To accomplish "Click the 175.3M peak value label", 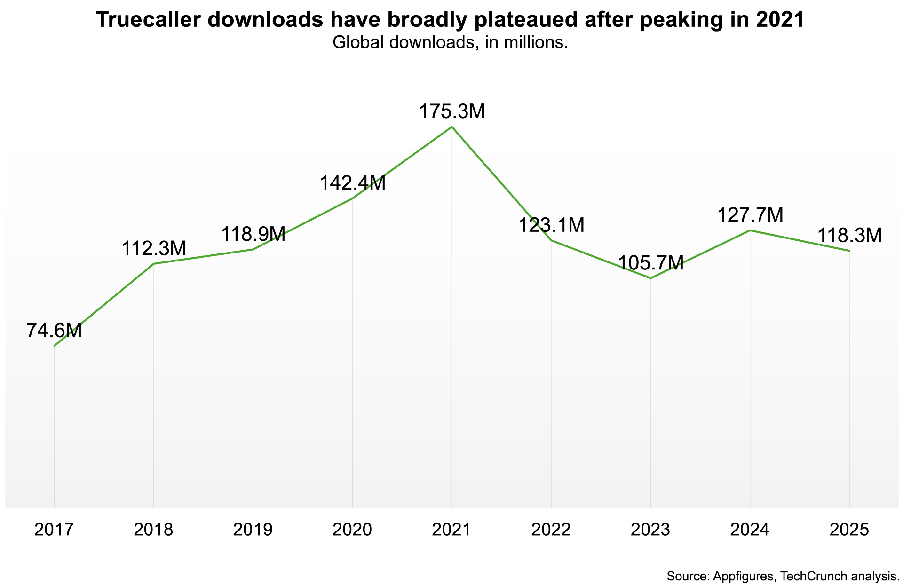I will tap(451, 112).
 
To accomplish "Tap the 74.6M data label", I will tap(54, 331).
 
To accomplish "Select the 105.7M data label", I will tap(650, 263).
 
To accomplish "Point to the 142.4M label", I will tap(353, 183).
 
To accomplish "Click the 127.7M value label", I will tap(750, 215).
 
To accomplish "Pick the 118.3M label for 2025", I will tap(849, 236).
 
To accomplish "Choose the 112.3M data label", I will tap(154, 248).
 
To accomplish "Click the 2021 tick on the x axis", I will tap(451, 530).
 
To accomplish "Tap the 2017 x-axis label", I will tap(54, 530).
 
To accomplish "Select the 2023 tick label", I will tap(650, 530).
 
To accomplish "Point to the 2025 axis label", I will tap(849, 530).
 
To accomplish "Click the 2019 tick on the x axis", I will tap(253, 530).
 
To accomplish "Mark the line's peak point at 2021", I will tap(452, 127).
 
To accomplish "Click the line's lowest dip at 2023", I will tap(650, 278).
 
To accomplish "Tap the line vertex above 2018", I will tap(154, 264).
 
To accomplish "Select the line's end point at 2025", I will tap(849, 251).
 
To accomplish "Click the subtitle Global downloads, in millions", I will tap(451, 43).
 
